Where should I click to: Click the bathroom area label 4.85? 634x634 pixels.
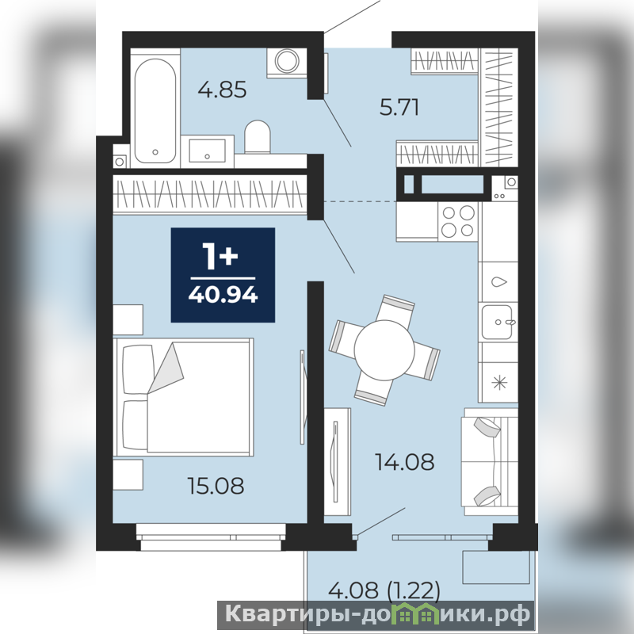pos(222,90)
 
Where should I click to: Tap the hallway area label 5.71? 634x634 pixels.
pos(399,108)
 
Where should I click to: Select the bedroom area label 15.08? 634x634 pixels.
pos(216,486)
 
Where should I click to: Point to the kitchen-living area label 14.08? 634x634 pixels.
pos(405,462)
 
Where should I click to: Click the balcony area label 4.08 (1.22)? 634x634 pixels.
pos(384,590)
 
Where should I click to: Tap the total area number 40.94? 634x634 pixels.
pos(223,295)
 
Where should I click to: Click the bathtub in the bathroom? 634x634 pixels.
pos(155,111)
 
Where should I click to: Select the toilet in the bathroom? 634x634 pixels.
pos(258,136)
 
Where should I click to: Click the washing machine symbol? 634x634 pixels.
pos(287,62)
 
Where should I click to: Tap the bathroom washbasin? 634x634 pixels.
pos(207,151)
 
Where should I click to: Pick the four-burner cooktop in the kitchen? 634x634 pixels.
pos(458,222)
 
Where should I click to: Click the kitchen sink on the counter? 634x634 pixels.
pos(498,322)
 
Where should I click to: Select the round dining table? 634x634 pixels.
pos(384,350)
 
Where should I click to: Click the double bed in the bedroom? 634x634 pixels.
pos(184,398)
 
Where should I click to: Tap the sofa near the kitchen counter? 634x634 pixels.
pos(490,462)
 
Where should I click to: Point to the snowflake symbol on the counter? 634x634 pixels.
pos(500,382)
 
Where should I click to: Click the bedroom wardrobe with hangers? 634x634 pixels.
pos(209,193)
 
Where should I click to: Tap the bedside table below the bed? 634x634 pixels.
pos(128,475)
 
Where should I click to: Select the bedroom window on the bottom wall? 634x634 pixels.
pos(211,537)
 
